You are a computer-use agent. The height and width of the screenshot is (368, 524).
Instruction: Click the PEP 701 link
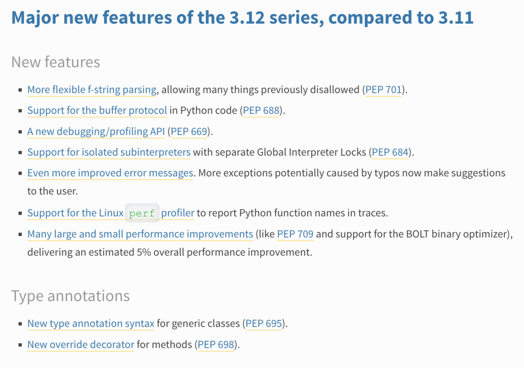click(383, 90)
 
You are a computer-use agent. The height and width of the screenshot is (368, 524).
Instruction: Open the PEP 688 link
click(261, 110)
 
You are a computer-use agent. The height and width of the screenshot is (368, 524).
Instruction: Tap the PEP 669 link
click(189, 132)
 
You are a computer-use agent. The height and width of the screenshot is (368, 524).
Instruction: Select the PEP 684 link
click(390, 152)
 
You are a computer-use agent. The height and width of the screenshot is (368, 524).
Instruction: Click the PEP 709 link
click(295, 234)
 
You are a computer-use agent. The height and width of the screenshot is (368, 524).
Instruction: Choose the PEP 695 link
click(263, 323)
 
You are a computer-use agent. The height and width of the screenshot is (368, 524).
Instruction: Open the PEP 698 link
click(216, 344)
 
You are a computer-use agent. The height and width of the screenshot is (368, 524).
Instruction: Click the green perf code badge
click(142, 213)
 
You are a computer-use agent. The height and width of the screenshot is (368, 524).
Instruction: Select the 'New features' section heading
click(56, 62)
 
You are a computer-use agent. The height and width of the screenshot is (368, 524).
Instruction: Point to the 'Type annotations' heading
click(70, 296)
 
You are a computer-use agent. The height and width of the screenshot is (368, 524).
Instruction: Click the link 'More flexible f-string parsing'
click(92, 90)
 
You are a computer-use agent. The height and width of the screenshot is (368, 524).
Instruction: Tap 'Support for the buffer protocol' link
click(97, 110)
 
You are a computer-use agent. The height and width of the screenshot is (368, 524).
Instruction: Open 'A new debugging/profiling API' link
click(96, 132)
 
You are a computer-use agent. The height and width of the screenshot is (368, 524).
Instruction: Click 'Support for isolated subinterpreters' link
click(109, 152)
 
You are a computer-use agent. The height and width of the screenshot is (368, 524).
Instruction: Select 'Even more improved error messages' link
click(110, 173)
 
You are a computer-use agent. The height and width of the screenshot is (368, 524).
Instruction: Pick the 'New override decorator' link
click(81, 344)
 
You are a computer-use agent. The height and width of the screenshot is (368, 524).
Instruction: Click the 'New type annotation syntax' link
click(91, 323)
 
